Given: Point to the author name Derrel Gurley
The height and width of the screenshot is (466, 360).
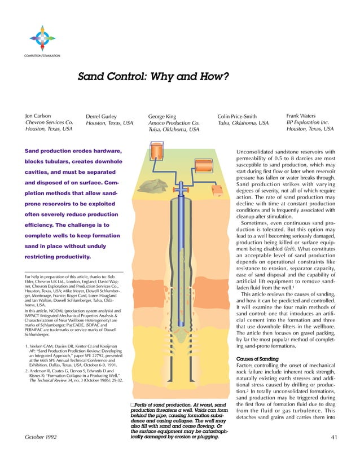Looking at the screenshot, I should tap(103, 117).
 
